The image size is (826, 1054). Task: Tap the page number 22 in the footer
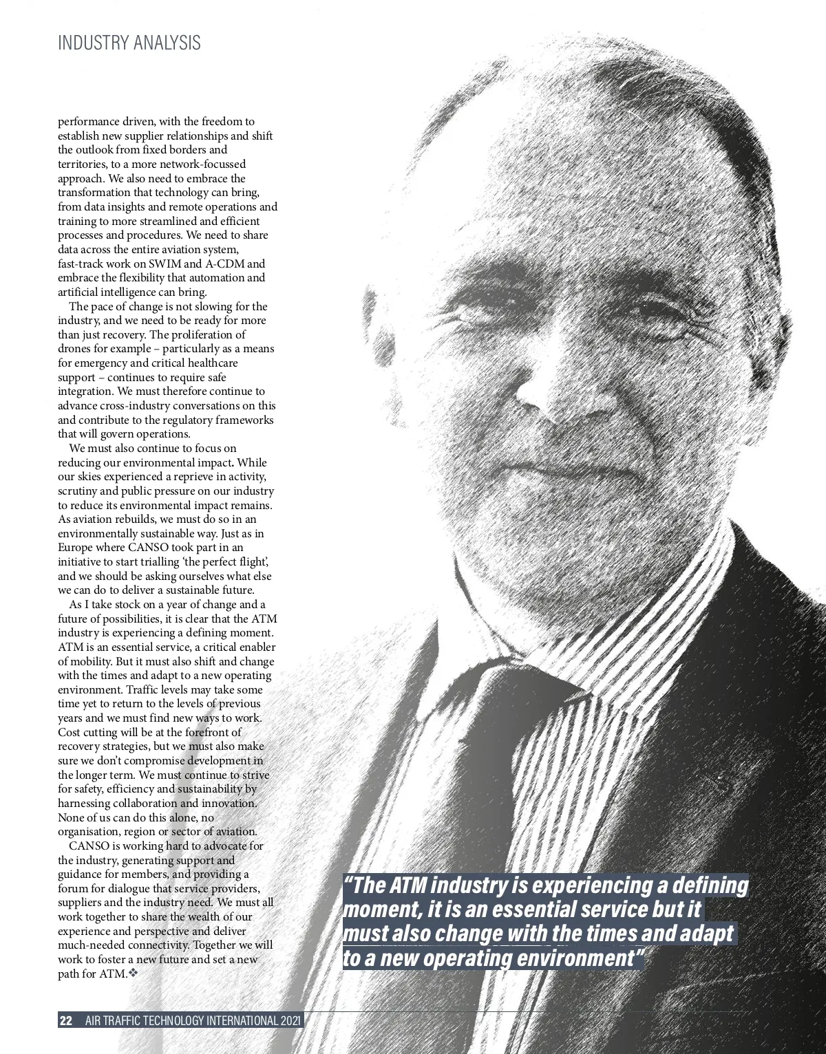point(66,1021)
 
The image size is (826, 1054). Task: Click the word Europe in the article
point(74,548)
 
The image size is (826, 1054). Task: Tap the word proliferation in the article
point(202,334)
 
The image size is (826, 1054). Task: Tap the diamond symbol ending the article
point(134,974)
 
